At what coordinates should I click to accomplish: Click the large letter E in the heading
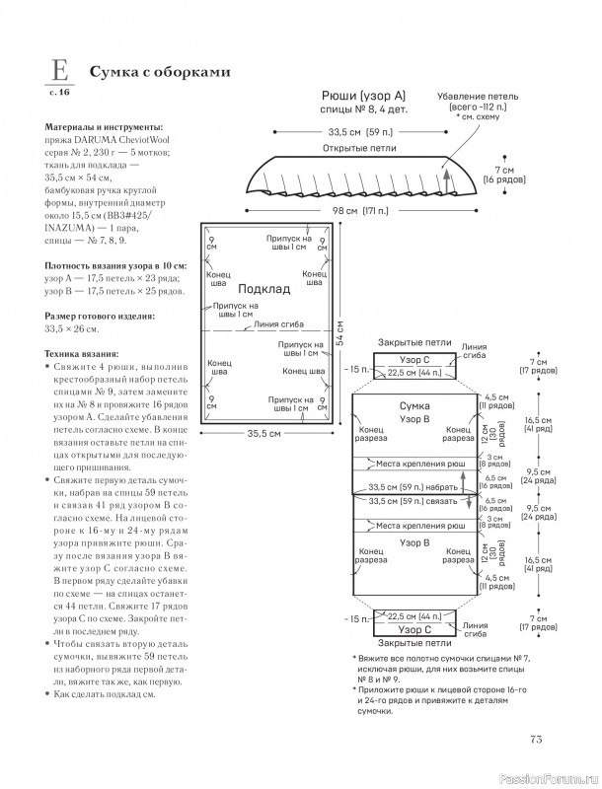(x=60, y=71)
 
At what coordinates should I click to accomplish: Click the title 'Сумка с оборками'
(x=160, y=72)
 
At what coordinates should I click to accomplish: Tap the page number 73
(x=536, y=739)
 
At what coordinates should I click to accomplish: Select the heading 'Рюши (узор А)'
(x=364, y=96)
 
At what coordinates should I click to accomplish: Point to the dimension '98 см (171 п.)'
(x=360, y=210)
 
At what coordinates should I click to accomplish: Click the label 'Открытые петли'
(x=359, y=148)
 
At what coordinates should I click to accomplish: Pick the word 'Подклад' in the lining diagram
(x=263, y=289)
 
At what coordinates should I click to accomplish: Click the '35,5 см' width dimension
(x=263, y=433)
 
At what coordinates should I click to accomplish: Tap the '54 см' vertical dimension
(x=339, y=332)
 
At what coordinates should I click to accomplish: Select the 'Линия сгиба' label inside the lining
(x=279, y=324)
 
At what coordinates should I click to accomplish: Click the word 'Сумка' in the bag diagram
(x=414, y=405)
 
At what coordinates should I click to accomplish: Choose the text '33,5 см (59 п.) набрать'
(x=414, y=487)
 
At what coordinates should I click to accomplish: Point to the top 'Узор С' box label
(x=414, y=360)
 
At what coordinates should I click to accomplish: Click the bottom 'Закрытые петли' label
(x=414, y=643)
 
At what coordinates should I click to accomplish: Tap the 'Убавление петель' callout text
(x=478, y=96)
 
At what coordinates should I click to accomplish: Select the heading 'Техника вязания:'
(x=82, y=354)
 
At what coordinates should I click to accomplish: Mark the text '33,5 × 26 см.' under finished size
(x=72, y=329)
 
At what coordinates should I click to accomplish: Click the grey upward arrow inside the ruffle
(x=445, y=181)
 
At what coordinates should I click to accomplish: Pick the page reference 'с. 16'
(x=59, y=93)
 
